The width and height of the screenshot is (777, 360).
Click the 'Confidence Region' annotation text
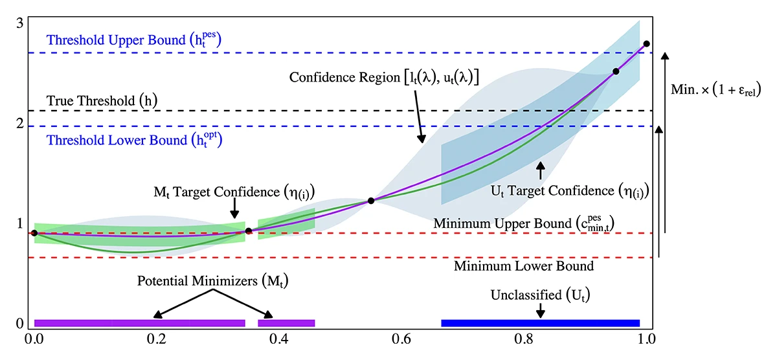point(384,78)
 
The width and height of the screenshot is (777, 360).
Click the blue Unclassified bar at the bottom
point(540,323)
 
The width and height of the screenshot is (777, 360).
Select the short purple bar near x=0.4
point(286,323)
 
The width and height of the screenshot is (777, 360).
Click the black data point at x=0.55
point(371,201)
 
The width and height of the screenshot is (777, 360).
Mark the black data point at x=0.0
point(34,233)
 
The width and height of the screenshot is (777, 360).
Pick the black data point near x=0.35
point(249,231)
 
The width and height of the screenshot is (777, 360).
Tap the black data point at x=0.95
point(616,71)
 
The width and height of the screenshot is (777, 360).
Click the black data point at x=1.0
point(646,44)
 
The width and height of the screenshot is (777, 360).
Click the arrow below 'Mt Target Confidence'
point(234,208)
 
